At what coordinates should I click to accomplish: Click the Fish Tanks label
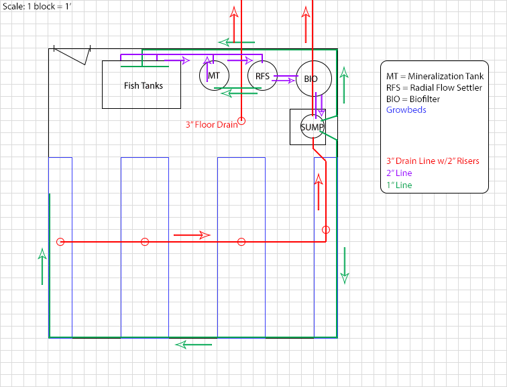[143, 85]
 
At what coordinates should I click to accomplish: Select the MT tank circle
[214, 75]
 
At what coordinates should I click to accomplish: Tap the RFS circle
[262, 76]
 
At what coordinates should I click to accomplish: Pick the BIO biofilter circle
[311, 79]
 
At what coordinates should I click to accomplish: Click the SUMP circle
[312, 127]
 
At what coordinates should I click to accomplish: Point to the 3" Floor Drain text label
[211, 124]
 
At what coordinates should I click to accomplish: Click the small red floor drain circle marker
[242, 121]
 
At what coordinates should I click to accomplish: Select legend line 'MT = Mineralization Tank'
[435, 77]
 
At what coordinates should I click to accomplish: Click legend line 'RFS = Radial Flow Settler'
[434, 88]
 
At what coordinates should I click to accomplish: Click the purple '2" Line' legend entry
[400, 173]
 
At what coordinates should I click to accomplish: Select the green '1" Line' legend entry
[400, 185]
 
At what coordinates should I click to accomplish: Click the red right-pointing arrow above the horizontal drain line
[192, 235]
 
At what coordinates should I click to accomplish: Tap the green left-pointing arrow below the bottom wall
[194, 345]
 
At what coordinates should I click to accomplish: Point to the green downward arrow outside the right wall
[345, 265]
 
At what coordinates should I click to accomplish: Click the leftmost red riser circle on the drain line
[60, 242]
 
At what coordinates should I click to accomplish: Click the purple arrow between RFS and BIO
[285, 79]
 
